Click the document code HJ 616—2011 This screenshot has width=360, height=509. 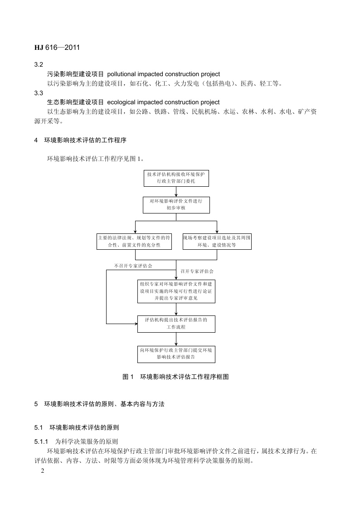point(58,47)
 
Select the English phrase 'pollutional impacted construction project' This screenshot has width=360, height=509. point(164,74)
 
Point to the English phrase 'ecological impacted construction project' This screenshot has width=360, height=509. point(163,102)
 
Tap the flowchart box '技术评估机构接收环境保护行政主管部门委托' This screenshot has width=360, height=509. point(176,178)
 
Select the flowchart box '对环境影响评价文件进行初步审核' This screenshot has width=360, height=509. point(176,204)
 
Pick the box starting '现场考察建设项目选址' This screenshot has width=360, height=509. point(217,241)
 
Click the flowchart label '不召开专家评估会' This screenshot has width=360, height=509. point(133,266)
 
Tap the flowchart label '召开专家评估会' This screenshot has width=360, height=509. point(197,271)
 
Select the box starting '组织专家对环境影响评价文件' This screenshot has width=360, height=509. point(176,291)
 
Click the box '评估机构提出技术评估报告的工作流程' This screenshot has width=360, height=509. point(176,324)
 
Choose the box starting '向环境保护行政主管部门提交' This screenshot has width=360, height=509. point(176,354)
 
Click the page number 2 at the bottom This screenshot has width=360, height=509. point(42,471)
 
